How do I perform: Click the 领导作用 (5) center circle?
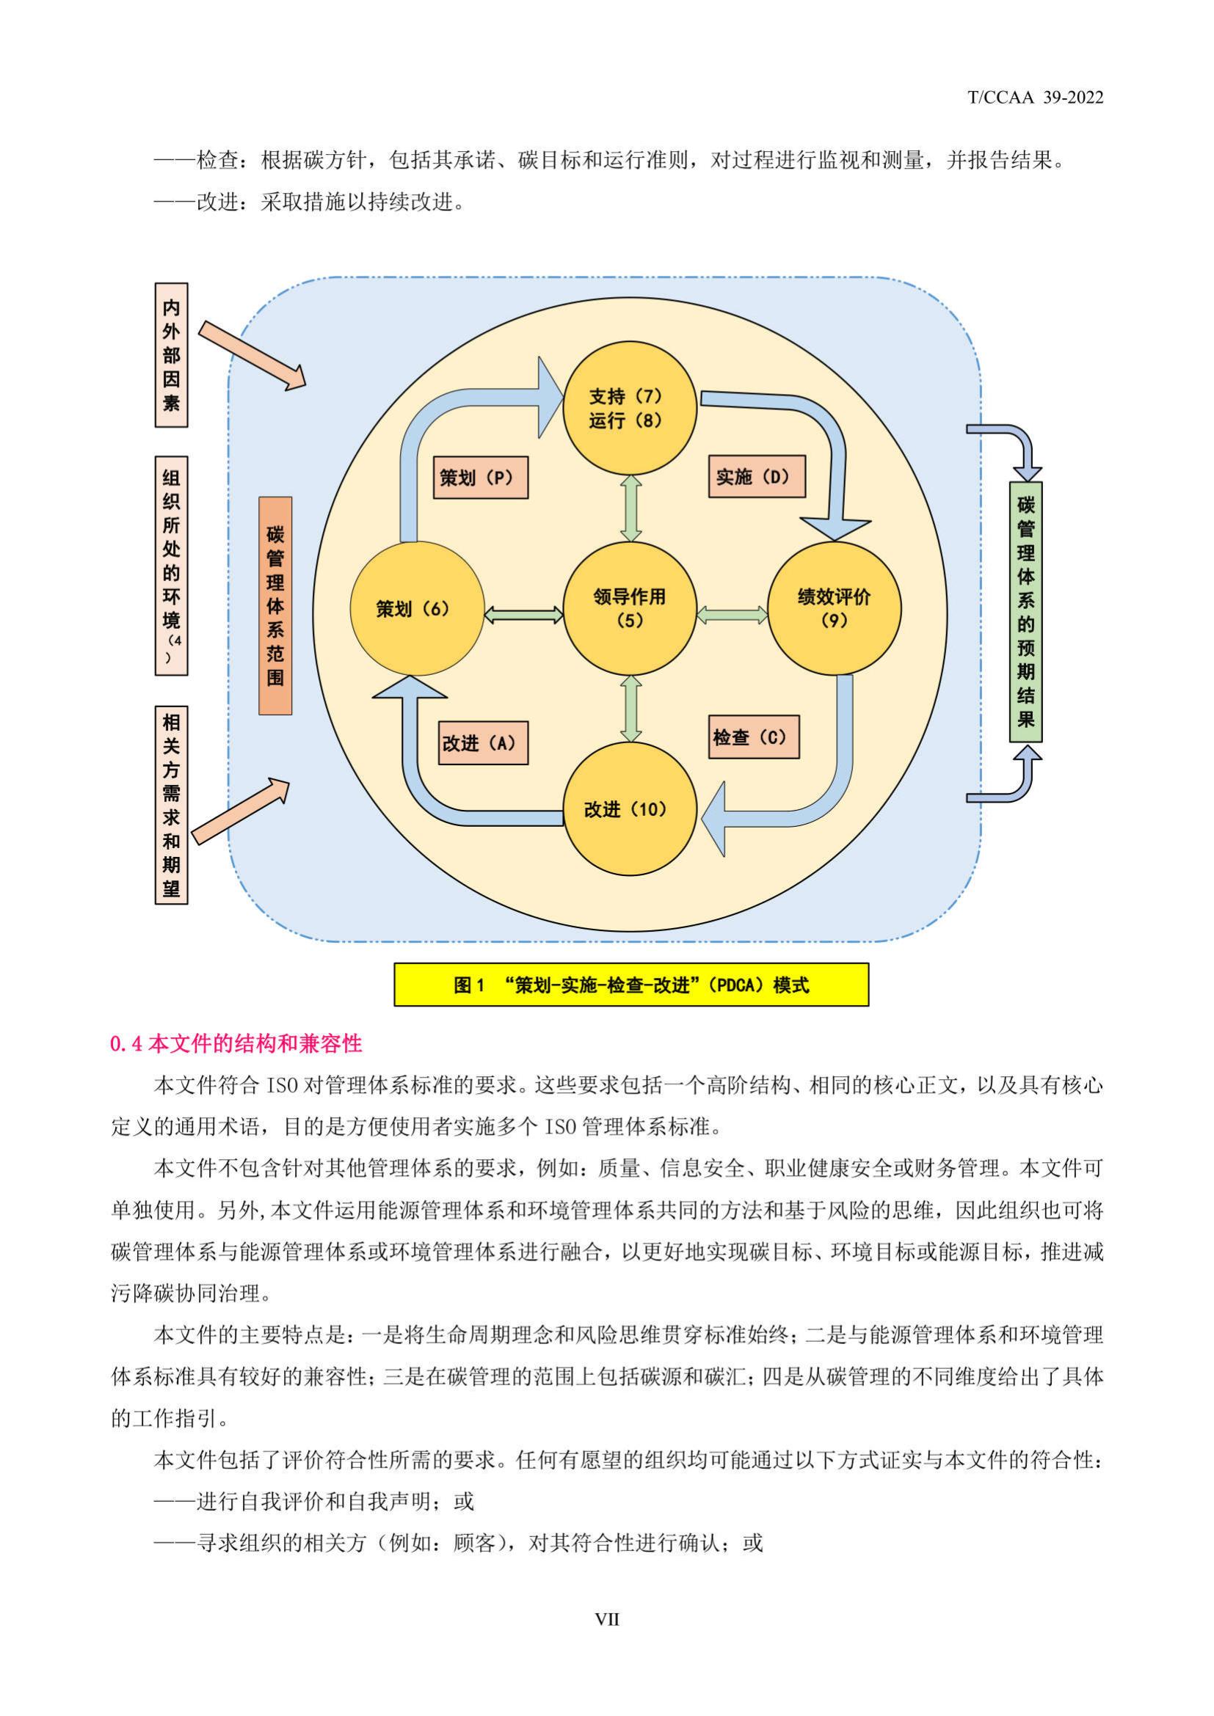point(630,608)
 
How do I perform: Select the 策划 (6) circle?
point(416,608)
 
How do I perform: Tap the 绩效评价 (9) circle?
point(834,608)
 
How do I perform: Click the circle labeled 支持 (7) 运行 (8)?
point(630,408)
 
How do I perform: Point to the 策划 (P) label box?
point(481,478)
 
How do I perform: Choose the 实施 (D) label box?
point(757,476)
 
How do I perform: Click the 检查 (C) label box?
point(754,737)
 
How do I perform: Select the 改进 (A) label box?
point(483,743)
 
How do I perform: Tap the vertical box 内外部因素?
point(171,355)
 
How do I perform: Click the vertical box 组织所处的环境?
point(171,566)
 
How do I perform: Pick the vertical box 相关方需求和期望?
point(171,805)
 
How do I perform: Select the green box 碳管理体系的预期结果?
point(1025,611)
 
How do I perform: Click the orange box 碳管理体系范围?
point(275,605)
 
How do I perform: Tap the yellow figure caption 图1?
point(631,985)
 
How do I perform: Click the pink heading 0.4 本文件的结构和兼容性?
point(236,1043)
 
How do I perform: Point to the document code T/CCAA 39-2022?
point(1036,97)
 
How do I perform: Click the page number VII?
point(606,1620)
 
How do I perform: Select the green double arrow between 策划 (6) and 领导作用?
point(524,614)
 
